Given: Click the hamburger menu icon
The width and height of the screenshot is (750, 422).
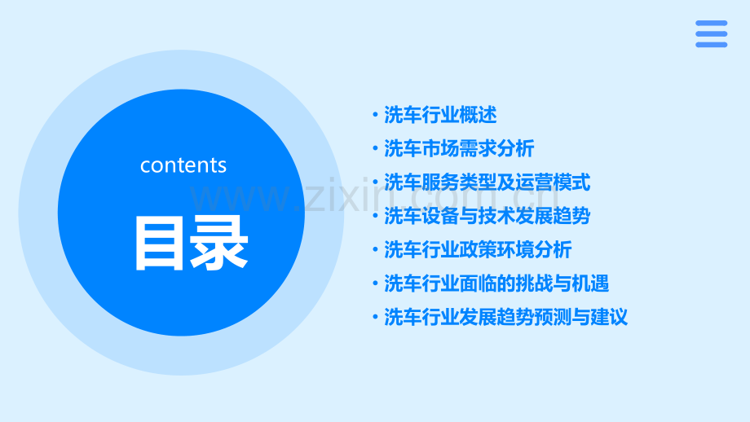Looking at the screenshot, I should pyautogui.click(x=711, y=34).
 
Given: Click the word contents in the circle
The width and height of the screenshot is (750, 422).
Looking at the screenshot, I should pyautogui.click(x=183, y=165).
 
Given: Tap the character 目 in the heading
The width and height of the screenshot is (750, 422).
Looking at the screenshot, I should pyautogui.click(x=158, y=243).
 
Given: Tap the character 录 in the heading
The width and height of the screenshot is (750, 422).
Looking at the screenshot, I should pyautogui.click(x=218, y=243).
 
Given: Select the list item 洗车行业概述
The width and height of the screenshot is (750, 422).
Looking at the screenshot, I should pyautogui.click(x=440, y=115).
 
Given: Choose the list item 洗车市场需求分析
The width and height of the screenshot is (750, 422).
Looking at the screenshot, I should pyautogui.click(x=459, y=148).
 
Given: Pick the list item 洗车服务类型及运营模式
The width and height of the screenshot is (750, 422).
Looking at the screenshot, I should pyautogui.click(x=487, y=182).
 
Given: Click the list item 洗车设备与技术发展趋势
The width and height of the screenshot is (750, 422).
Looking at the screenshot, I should pyautogui.click(x=487, y=216).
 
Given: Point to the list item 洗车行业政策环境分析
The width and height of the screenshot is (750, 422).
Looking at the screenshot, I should pyautogui.click(x=478, y=249).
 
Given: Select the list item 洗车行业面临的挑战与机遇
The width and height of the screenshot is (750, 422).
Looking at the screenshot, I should pyautogui.click(x=496, y=284).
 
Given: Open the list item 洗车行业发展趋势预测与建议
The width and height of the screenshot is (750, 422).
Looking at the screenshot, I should pyautogui.click(x=505, y=317).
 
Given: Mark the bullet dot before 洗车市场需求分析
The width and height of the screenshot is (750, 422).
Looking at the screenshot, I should pyautogui.click(x=374, y=149).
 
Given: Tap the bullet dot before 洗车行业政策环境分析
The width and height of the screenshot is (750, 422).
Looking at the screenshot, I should pyautogui.click(x=374, y=250).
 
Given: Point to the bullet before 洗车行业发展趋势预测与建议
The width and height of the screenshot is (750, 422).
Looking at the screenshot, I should pyautogui.click(x=374, y=318).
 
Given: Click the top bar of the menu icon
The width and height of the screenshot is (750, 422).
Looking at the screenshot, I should pyautogui.click(x=711, y=24).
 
